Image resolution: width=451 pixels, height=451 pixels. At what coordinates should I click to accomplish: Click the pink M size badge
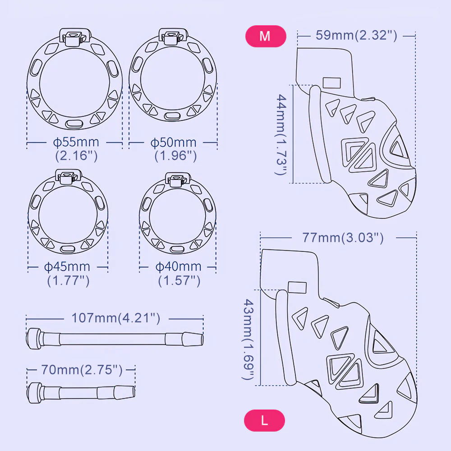coord(266,36)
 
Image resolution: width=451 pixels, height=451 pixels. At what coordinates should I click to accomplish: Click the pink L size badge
coord(265,420)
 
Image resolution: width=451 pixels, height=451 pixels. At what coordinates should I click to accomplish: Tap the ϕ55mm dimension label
coord(76,142)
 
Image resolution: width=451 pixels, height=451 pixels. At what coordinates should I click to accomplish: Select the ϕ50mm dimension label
coord(174,143)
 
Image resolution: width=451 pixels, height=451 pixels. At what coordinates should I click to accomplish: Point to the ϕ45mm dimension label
coord(67,267)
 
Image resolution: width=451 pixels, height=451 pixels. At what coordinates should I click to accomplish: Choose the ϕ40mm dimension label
coord(178,267)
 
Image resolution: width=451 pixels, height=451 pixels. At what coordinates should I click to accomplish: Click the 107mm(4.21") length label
coord(115,318)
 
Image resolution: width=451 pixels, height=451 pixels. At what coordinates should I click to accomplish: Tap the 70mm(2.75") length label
coord(82,370)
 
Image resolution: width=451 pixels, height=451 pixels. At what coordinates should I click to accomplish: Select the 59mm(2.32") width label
coord(356,35)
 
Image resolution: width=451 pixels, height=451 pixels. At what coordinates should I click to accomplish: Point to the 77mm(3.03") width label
coord(343,238)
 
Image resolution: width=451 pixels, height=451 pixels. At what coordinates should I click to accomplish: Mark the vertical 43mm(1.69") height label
coord(249,339)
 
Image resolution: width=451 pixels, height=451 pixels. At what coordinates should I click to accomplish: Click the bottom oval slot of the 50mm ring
coord(172,116)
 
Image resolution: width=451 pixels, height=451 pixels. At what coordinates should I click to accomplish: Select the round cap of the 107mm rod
coord(34,339)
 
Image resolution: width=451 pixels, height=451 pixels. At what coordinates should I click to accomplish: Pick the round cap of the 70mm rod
coord(35,393)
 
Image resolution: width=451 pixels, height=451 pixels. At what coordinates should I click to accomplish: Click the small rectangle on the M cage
coord(331,83)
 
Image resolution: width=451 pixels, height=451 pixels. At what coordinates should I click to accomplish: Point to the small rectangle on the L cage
coord(297,287)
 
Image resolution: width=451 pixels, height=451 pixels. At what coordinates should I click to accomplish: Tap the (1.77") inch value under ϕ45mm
coord(69,281)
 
